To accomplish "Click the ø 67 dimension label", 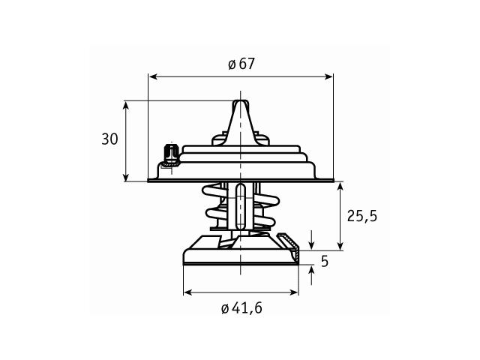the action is pos(241,64).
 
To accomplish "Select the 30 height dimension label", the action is pos(109,139).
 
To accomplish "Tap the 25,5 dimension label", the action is pos(362,217).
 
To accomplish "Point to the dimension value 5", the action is pos(325,261).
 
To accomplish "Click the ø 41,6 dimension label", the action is pos(241,308).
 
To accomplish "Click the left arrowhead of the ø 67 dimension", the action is pos(152,76).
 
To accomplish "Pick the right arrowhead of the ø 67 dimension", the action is pos(328,76).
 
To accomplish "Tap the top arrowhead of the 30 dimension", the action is pos(126,106).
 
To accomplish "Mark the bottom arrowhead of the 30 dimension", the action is pos(126,176).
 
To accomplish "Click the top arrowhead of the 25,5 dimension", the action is pos(340,187).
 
